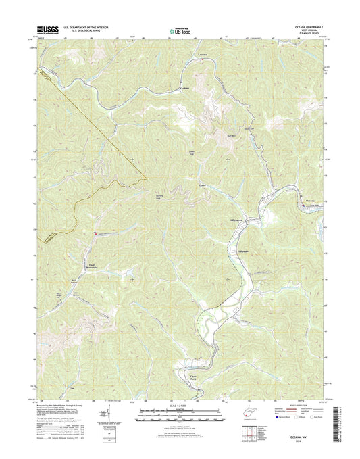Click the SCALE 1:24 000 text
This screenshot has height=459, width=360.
click(x=179, y=406)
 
